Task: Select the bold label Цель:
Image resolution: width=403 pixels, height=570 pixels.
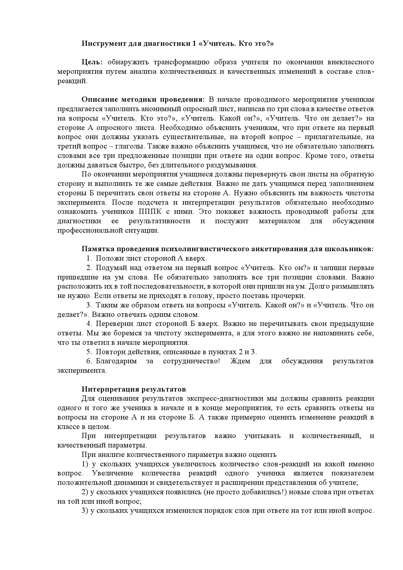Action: [x=92, y=62]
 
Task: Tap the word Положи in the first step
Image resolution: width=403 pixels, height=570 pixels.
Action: [x=108, y=258]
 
